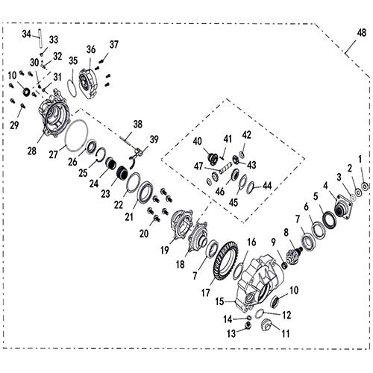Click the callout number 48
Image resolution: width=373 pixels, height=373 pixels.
click(362, 33)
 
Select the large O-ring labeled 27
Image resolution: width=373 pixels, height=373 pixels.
click(77, 135)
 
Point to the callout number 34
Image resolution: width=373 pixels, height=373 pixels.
click(26, 34)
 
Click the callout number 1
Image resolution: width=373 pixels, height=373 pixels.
click(360, 159)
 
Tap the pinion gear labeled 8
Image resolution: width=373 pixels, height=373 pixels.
click(293, 256)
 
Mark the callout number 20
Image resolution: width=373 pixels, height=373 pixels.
click(144, 233)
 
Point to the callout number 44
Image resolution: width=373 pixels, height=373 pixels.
click(267, 186)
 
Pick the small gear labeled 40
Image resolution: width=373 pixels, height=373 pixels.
click(213, 159)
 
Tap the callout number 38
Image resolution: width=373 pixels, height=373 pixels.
click(138, 124)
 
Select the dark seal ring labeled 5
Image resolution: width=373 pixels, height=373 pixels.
click(330, 219)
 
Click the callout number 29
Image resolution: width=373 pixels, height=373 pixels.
click(14, 125)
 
